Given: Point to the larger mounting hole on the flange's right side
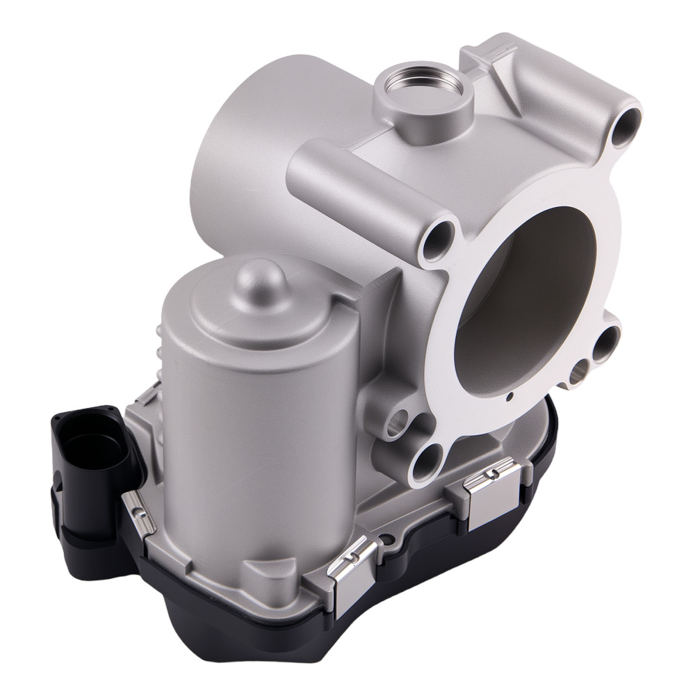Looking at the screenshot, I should [x=610, y=340].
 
